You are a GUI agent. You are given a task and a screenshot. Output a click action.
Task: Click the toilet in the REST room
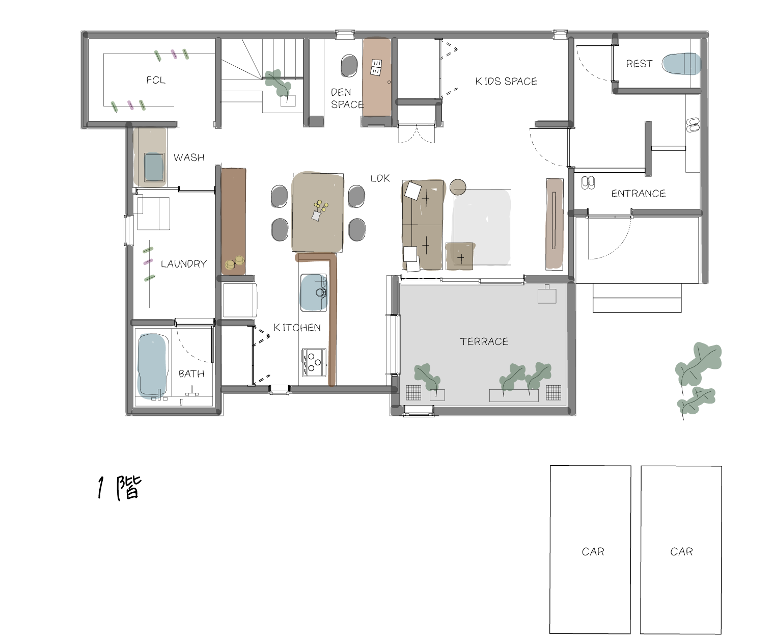(681, 64)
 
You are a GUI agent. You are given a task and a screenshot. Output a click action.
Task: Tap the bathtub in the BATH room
(152, 365)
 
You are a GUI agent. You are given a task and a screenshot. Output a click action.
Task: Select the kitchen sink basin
(314, 292)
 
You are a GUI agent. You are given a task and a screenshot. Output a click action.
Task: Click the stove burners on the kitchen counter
(314, 362)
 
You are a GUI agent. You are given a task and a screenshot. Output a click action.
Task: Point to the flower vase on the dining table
(319, 210)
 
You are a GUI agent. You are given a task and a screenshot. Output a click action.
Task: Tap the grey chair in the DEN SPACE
(349, 66)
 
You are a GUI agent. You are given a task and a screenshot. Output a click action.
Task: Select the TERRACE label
(484, 341)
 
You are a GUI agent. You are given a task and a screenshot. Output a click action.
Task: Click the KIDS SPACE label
(506, 81)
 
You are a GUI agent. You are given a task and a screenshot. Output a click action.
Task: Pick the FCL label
(156, 80)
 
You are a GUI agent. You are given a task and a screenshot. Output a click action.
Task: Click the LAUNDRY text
(183, 264)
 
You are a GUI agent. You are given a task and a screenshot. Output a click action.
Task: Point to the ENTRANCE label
(639, 193)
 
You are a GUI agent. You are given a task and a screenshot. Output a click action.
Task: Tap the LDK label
(380, 178)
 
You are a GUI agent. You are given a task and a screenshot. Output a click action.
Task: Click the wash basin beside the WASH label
(154, 167)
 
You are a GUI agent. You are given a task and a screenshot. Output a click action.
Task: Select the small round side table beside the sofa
(458, 187)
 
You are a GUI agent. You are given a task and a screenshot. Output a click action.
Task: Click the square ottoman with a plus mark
(460, 256)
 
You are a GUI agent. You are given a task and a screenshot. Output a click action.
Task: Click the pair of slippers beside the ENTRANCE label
(588, 182)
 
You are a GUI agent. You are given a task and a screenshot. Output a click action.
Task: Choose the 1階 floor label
(119, 488)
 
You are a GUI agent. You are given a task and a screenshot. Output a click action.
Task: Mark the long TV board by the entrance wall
(554, 223)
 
